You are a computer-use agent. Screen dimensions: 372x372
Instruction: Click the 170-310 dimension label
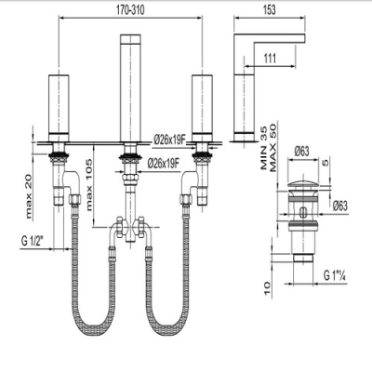[x=130, y=10]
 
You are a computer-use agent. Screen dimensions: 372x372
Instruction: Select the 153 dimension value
[x=270, y=10]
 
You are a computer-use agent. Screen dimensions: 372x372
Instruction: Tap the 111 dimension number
[x=270, y=59]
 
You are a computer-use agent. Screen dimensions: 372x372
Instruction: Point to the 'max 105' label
[x=89, y=185]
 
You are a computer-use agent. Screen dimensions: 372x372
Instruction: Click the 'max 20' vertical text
[x=29, y=200]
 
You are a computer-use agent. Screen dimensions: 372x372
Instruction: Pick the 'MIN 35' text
[x=264, y=148]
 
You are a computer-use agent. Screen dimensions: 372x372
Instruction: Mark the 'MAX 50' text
[x=272, y=148]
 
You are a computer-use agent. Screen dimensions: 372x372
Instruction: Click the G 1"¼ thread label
[x=336, y=275]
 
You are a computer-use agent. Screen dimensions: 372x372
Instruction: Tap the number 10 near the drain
[x=268, y=289]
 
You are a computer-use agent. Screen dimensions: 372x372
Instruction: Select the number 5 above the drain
[x=325, y=162]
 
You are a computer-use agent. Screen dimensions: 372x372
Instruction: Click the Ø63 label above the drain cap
[x=301, y=152]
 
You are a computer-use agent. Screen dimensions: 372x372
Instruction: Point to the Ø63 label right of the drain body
[x=340, y=206]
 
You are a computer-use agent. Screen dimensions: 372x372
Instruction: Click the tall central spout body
[x=131, y=89]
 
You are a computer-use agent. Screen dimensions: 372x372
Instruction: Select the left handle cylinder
[x=59, y=109]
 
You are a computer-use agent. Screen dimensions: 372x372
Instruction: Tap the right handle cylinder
[x=202, y=109]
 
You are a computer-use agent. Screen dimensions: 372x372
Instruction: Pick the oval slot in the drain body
[x=303, y=213]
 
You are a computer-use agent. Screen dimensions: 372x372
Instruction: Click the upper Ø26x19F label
[x=169, y=140]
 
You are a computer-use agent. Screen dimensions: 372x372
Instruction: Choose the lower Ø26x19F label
[x=164, y=163]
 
